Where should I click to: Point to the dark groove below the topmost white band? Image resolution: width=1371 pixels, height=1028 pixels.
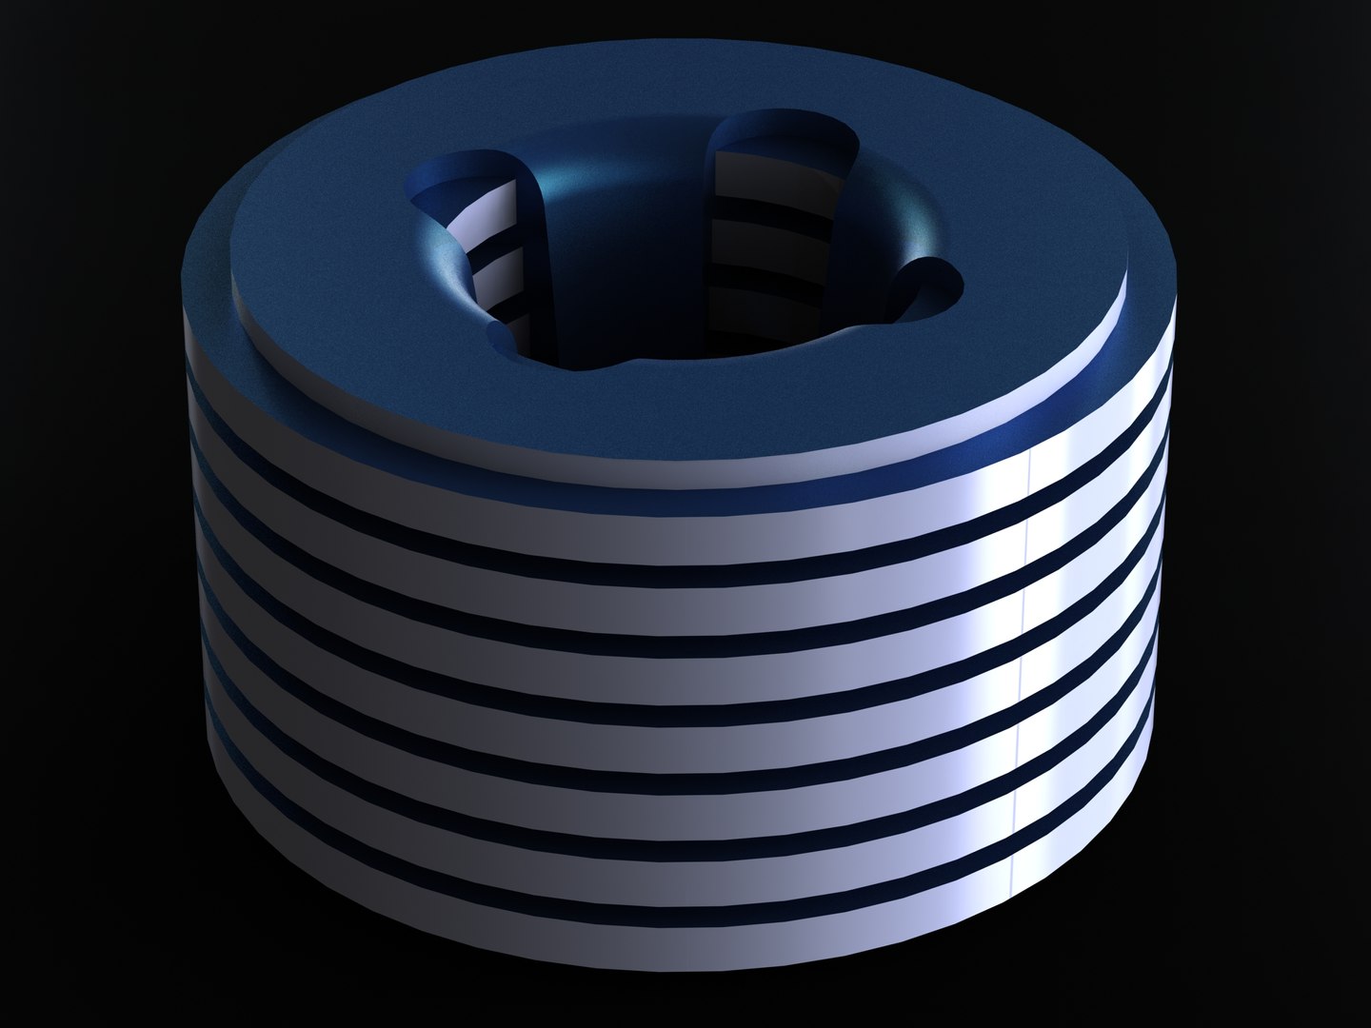(666, 533)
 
